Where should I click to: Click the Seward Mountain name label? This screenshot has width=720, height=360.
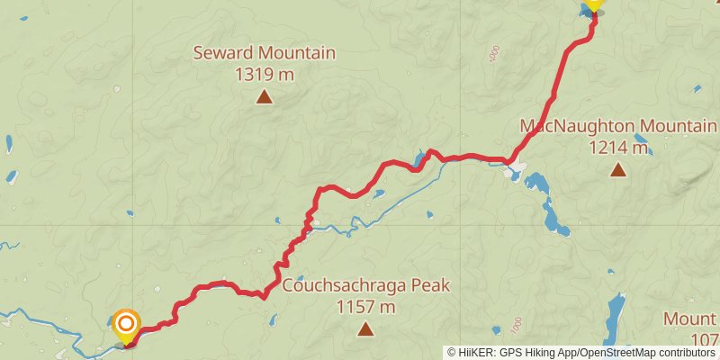click(x=265, y=54)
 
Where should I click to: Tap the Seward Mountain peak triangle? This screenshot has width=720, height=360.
click(x=265, y=95)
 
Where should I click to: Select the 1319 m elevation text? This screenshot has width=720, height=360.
click(x=265, y=75)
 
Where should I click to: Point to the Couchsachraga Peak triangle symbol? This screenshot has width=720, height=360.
click(x=365, y=329)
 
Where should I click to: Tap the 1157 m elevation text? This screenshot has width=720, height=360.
click(x=365, y=308)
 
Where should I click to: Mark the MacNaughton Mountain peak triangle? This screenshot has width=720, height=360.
click(x=618, y=168)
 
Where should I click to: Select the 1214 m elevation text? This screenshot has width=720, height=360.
click(x=618, y=147)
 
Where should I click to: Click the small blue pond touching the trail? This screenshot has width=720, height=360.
click(x=419, y=162)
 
